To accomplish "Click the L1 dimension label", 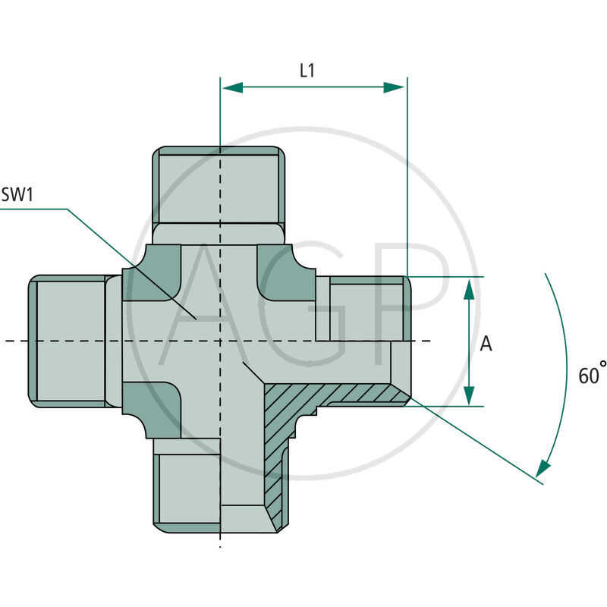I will (x=307, y=71).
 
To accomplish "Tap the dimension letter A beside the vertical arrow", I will (x=486, y=344).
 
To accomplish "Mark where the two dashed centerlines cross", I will (x=220, y=341).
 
